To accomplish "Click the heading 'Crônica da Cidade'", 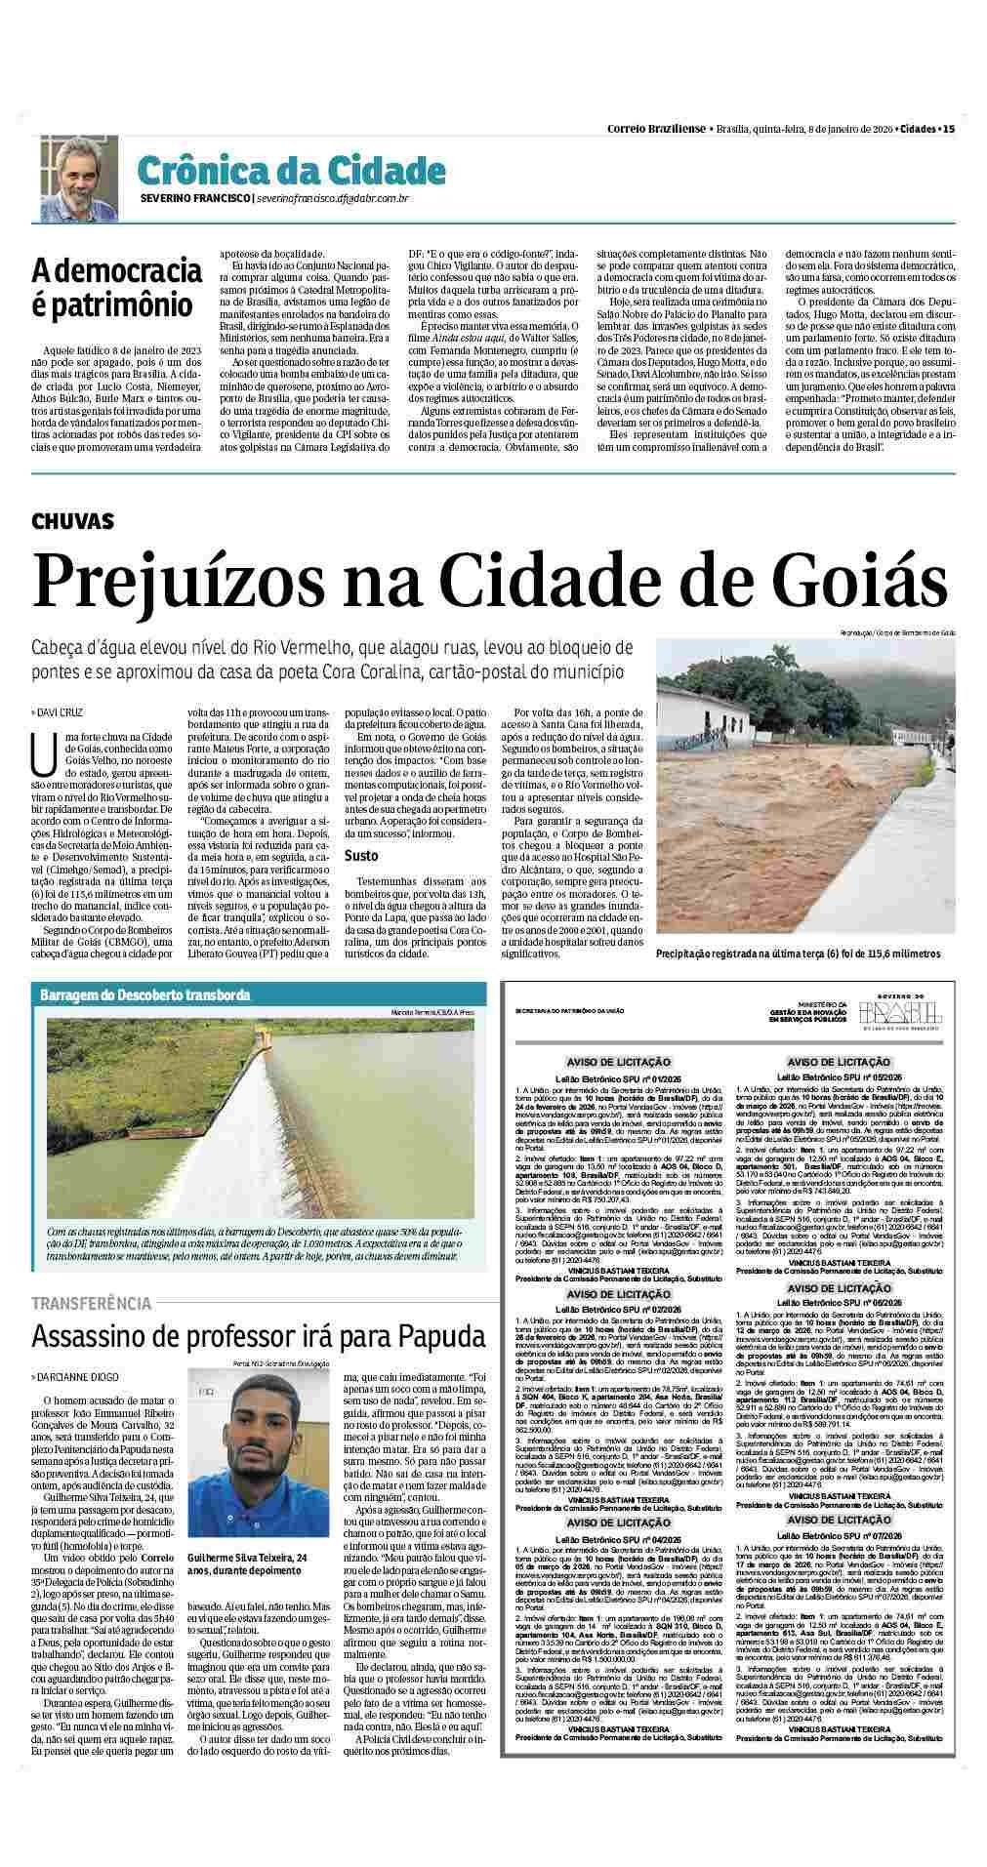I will [291, 170].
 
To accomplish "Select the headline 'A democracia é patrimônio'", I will [110, 286].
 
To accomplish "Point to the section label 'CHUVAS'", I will [72, 522].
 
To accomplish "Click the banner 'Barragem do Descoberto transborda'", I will [144, 994].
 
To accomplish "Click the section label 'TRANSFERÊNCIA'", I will [91, 1303].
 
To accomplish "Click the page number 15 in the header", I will [949, 129].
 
